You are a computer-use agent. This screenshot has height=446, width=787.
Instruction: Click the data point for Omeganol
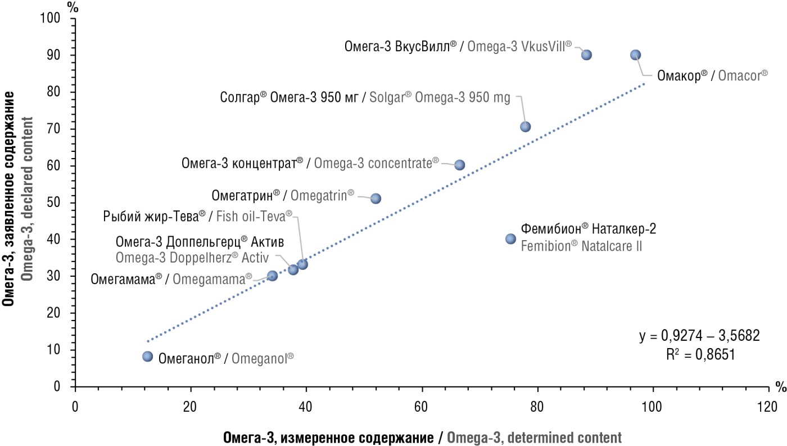tap(148, 356)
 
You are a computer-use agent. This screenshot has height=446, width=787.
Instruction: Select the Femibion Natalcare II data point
tap(510, 238)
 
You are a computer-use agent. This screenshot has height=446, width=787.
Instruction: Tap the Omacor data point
tap(635, 55)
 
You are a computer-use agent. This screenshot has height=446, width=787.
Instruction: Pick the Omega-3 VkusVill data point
tap(586, 55)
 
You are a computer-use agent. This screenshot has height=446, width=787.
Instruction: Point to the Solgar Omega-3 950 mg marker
tap(525, 127)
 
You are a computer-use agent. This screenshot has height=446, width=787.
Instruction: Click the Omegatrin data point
tap(376, 198)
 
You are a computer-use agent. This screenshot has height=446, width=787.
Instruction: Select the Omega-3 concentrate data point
tap(459, 165)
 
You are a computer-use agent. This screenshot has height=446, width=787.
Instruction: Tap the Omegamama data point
tap(273, 276)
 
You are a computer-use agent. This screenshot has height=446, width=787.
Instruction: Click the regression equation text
tap(699, 336)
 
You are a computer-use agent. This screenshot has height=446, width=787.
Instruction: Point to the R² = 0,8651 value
tap(699, 354)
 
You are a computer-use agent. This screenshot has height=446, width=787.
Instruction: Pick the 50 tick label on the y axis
tap(55, 202)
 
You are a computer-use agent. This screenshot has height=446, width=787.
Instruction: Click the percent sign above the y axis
tap(72, 7)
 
